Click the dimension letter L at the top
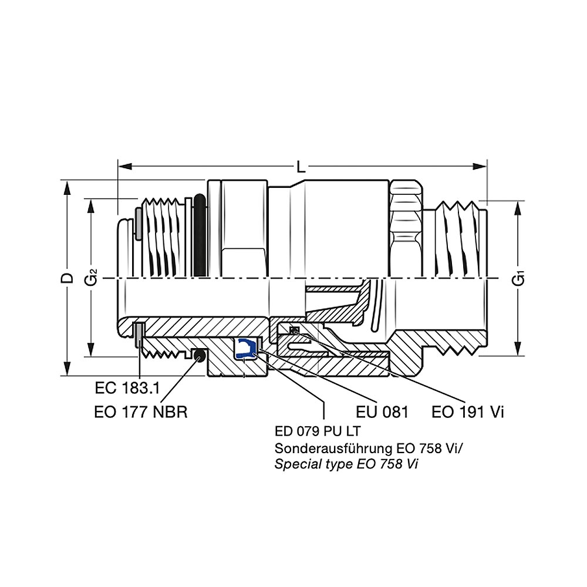tap(301, 167)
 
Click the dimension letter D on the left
tap(68, 278)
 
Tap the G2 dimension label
tap(91, 278)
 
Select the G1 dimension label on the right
tap(518, 279)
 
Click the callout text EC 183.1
tap(127, 388)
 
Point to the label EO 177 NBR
tap(141, 412)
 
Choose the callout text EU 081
tap(382, 412)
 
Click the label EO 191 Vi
tap(468, 412)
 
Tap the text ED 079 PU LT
tap(318, 431)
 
